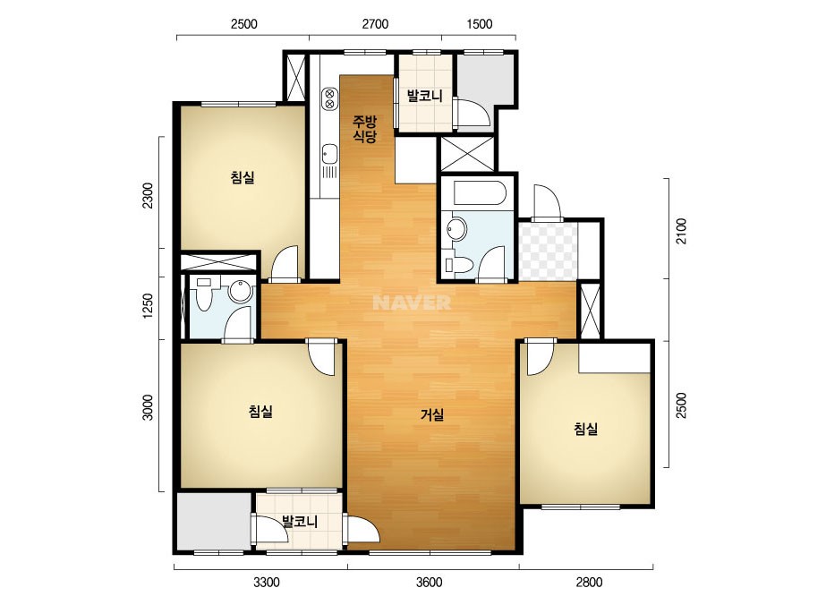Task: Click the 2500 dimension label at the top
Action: point(244,23)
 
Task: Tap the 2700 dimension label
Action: point(375,23)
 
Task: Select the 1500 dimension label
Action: point(480,23)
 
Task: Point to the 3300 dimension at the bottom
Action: point(267,583)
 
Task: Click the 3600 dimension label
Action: point(429,583)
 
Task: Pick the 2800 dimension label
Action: point(589,583)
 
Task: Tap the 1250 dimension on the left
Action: point(148,307)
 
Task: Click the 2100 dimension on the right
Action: point(682,231)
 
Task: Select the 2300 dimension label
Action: point(148,195)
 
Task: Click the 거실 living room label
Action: point(432,415)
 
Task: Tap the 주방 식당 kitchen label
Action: point(364,130)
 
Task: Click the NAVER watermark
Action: point(412,302)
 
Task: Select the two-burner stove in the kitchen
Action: point(329,98)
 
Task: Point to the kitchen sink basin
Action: point(329,154)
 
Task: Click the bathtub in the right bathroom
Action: point(480,193)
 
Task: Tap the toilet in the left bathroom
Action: point(203,295)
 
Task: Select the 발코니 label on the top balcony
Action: point(424,96)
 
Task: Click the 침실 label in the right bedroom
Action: point(586,429)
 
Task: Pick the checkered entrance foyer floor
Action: point(548,251)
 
